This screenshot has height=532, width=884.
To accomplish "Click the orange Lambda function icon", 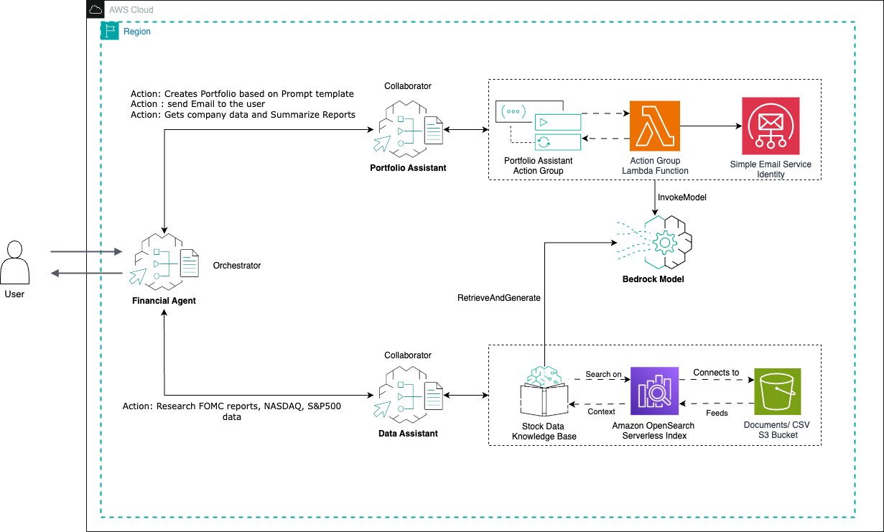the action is tap(654, 126).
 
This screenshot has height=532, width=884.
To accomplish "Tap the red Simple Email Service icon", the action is tap(771, 126).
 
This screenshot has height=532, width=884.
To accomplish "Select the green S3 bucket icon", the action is tap(778, 391).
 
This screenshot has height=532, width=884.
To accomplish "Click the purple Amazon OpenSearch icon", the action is tap(654, 391).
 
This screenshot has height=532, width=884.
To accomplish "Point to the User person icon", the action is tap(14, 262).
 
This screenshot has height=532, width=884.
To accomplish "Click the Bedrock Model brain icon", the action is tap(655, 243).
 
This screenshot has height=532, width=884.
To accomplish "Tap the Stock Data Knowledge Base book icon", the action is tap(544, 391).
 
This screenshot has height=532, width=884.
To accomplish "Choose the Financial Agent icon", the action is tap(164, 262).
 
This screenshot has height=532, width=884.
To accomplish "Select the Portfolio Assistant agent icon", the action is tap(408, 129).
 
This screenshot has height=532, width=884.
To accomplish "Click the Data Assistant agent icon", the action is tap(408, 395).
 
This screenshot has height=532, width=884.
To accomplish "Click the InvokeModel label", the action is tap(682, 197).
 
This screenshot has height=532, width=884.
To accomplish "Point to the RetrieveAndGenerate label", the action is tap(499, 298).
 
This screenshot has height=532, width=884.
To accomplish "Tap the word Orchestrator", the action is tap(237, 266).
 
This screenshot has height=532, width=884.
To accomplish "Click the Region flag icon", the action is tap(109, 31).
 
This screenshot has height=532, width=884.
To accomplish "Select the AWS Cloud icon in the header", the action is tap(96, 9).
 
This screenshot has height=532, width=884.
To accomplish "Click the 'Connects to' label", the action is tap(716, 373).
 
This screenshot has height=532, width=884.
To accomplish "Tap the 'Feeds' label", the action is tap(717, 413).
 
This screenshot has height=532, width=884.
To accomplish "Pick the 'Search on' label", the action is tap(603, 374).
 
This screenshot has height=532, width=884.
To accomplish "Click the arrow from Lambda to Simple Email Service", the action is tap(711, 126).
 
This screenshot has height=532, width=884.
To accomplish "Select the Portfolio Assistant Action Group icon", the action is tap(539, 126).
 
